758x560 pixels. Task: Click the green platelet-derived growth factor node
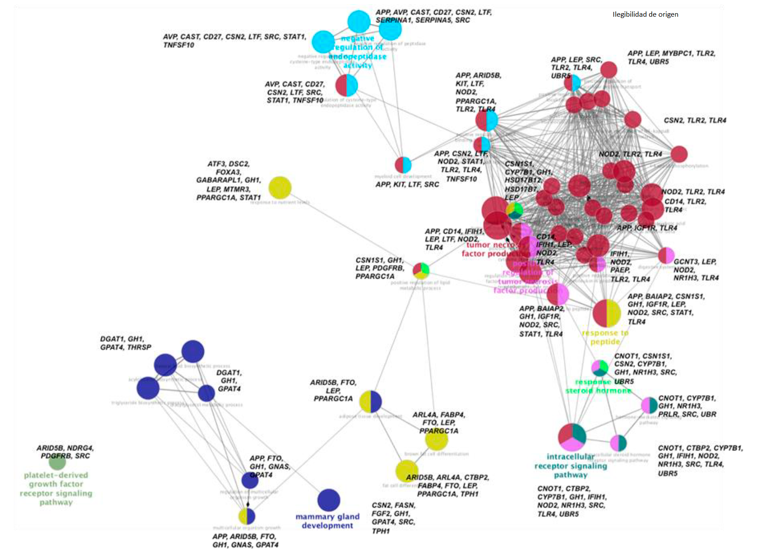click(57, 462)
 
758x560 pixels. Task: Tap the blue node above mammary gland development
click(328, 500)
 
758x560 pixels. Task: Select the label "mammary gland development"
click(328, 521)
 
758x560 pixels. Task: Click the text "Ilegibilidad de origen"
click(645, 15)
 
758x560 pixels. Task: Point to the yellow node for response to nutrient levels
click(280, 188)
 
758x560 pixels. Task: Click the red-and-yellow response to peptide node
click(606, 313)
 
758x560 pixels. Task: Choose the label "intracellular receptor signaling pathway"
click(570, 465)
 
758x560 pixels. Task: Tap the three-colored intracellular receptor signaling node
click(572, 437)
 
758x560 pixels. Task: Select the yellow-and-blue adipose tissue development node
click(370, 401)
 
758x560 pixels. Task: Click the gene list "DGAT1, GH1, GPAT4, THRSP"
click(126, 343)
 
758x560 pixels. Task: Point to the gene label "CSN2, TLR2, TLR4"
click(695, 120)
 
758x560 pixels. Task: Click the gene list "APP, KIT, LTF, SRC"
click(407, 185)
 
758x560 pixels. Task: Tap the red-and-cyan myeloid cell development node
click(403, 165)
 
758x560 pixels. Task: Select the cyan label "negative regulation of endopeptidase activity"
click(358, 52)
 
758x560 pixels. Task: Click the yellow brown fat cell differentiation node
click(437, 439)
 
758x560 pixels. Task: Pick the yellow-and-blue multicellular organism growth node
click(247, 516)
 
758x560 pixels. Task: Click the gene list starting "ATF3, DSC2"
click(228, 181)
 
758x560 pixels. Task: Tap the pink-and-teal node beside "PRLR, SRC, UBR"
click(649, 405)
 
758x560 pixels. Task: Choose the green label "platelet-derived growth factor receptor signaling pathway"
click(56, 488)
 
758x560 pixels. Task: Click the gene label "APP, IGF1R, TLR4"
click(646, 228)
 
